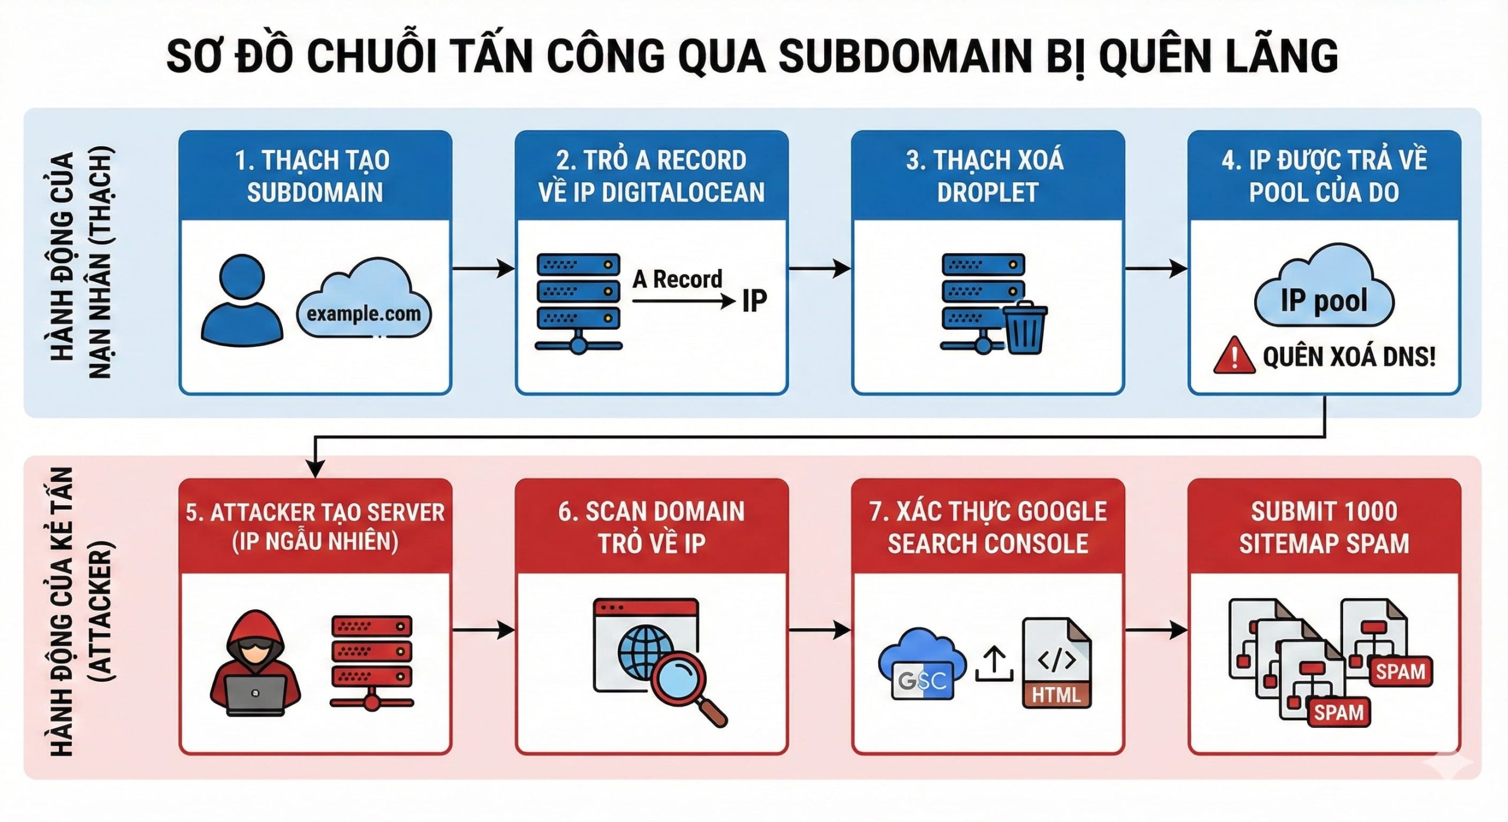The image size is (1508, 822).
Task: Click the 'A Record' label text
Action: [677, 279]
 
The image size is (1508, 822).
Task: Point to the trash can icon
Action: [1026, 328]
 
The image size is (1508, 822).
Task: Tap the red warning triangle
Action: [1233, 356]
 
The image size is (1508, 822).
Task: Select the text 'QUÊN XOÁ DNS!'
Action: [1349, 357]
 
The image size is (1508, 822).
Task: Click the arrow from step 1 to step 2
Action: [483, 269]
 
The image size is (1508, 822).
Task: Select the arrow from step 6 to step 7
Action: [819, 630]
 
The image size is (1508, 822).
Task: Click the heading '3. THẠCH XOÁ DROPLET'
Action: [987, 176]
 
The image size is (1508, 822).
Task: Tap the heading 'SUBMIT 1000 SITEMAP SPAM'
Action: [1324, 527]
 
